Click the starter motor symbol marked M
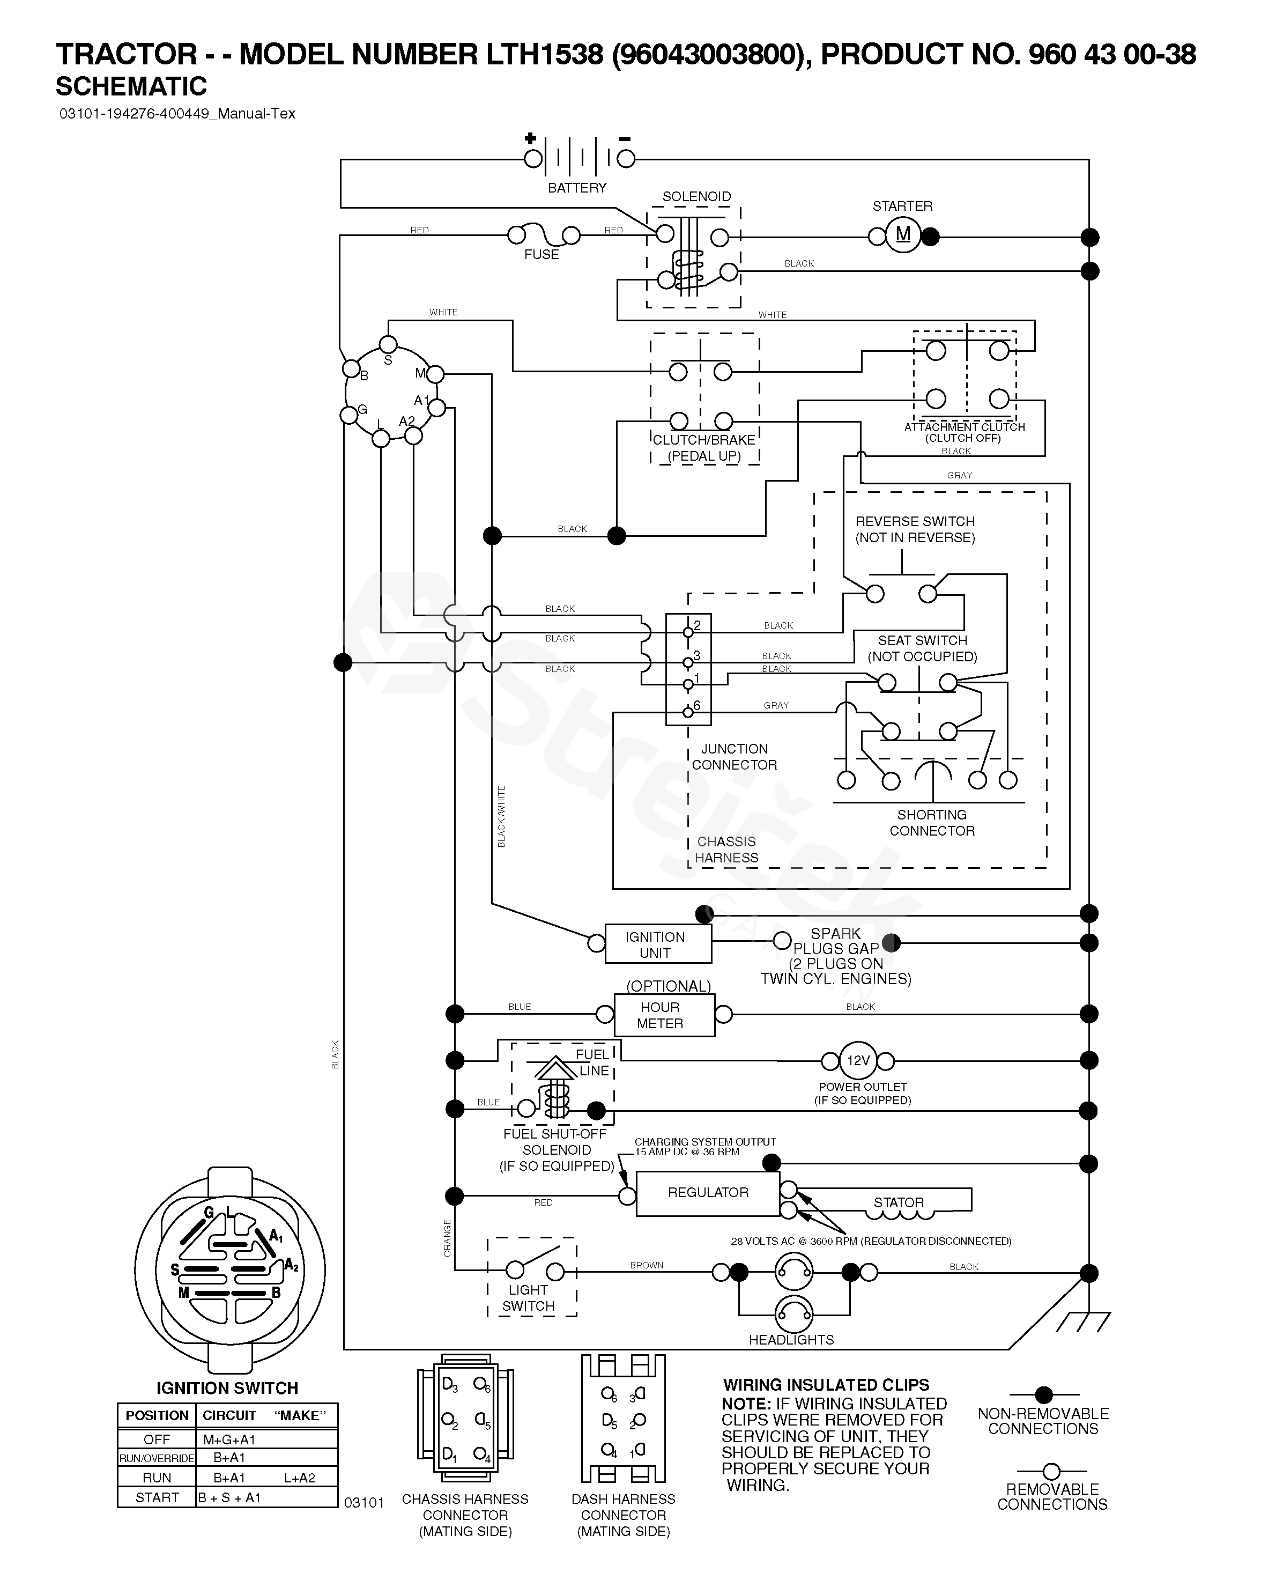pos(903,235)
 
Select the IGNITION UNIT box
pos(657,944)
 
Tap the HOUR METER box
pos(663,1015)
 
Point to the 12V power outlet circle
pos(857,1060)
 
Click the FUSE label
pos(542,254)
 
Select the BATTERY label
pos(577,188)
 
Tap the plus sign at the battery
pos(530,138)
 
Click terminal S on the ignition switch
pos(388,344)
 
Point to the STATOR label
pos(899,1202)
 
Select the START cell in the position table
pos(157,1497)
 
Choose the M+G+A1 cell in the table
pos(229,1439)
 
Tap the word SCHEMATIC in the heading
pos(131,86)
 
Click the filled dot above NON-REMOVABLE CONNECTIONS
pos(1043,1394)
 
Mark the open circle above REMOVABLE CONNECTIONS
pos(1051,1471)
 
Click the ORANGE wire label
pos(448,1238)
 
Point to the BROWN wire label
pos(646,1265)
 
